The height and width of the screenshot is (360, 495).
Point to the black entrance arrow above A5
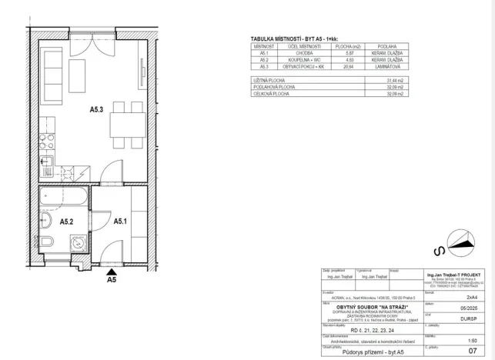112,271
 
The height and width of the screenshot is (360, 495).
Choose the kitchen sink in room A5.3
45,162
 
